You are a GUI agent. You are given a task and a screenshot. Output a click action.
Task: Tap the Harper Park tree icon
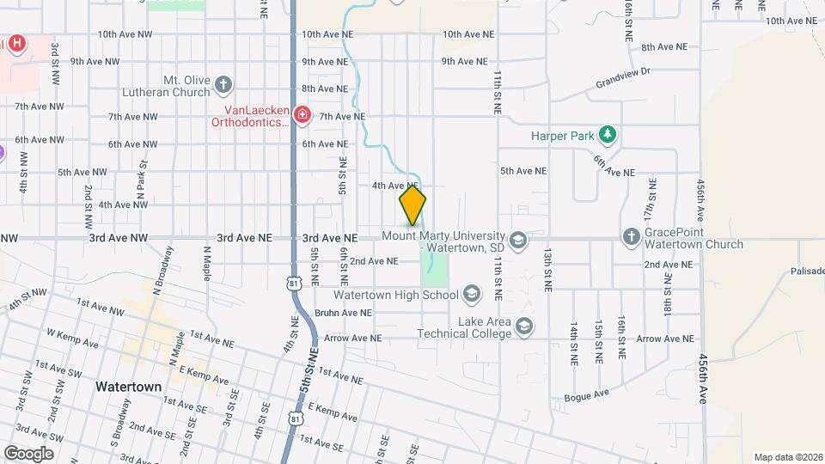pyautogui.click(x=608, y=134)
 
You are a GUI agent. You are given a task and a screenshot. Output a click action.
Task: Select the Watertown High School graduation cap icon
pyautogui.click(x=470, y=295)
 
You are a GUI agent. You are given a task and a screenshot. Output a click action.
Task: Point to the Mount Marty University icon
pyautogui.click(x=517, y=241)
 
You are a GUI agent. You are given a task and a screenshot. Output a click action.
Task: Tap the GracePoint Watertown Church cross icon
pyautogui.click(x=630, y=237)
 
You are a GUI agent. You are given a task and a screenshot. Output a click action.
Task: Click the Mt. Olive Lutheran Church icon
pyautogui.click(x=223, y=85)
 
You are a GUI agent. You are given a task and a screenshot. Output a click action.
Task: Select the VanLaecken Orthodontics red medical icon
pyautogui.click(x=301, y=114)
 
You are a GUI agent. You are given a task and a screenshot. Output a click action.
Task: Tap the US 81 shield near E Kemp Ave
pyautogui.click(x=296, y=418)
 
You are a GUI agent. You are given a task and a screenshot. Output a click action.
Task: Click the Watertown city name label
pyautogui.click(x=128, y=387)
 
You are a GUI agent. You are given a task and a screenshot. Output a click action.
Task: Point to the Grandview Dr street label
pyautogui.click(x=625, y=79)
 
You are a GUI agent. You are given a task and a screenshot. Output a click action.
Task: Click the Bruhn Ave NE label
pyautogui.click(x=343, y=313)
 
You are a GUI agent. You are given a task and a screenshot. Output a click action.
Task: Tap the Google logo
pyautogui.click(x=27, y=453)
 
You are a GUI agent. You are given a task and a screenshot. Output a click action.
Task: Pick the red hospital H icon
pyautogui.click(x=16, y=44)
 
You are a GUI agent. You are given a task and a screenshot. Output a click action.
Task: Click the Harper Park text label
pyautogui.click(x=563, y=135)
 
